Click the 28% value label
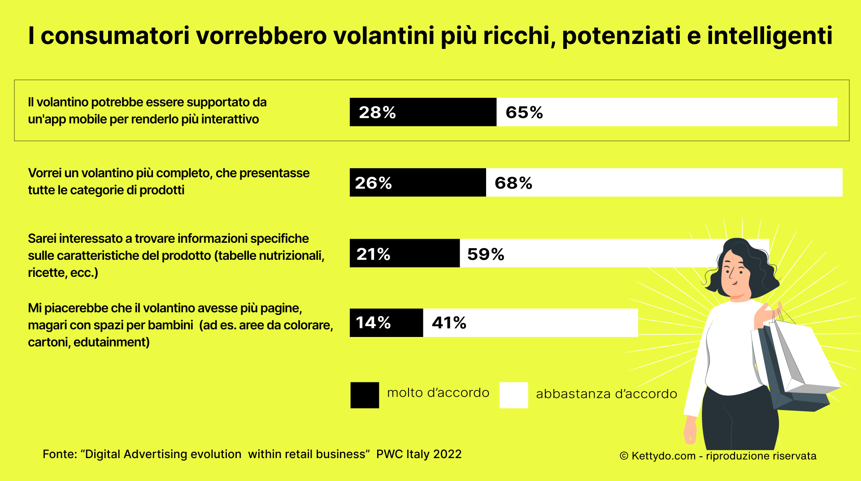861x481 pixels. [377, 112]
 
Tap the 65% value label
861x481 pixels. [524, 112]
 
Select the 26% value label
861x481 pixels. [373, 183]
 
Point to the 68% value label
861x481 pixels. [513, 183]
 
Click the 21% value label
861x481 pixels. [373, 254]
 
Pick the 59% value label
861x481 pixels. [486, 254]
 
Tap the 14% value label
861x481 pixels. [373, 323]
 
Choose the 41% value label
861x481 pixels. [449, 323]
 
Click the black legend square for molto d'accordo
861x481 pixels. [365, 395]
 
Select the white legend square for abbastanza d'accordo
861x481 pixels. [513, 395]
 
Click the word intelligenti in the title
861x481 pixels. [770, 36]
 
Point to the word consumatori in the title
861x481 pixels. [115, 36]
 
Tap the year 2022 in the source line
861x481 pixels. [447, 454]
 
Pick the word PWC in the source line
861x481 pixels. [389, 454]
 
